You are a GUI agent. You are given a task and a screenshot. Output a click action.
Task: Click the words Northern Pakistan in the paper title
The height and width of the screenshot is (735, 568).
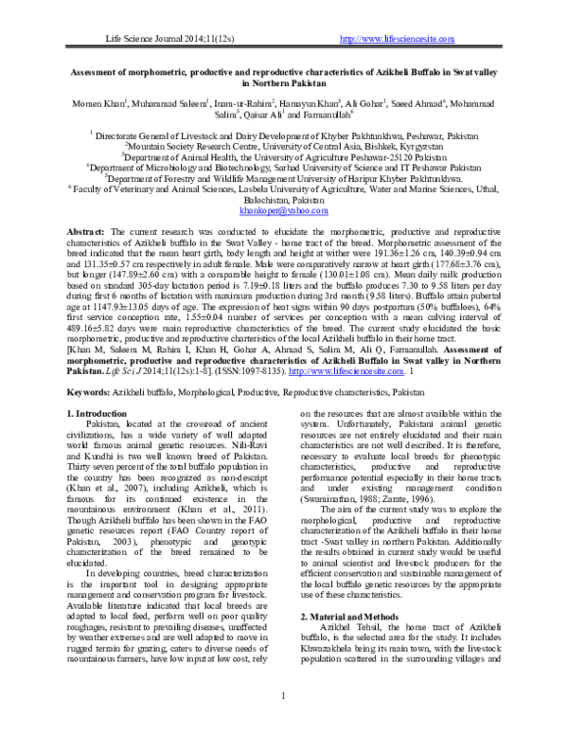coord(283,81)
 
